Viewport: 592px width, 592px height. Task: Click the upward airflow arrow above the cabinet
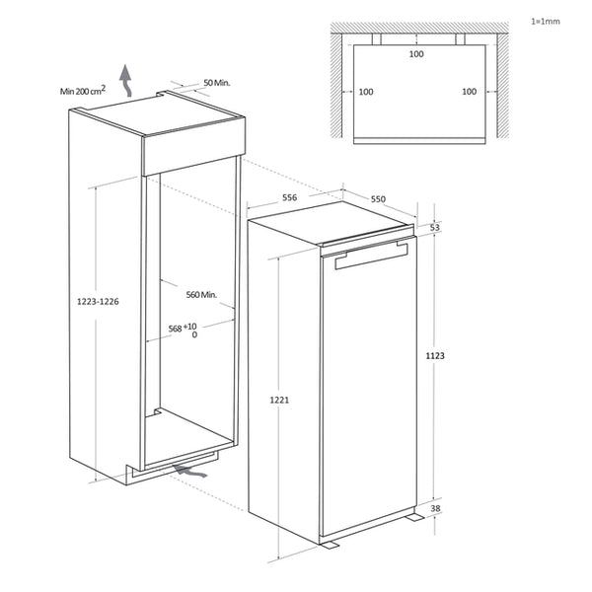coord(125,75)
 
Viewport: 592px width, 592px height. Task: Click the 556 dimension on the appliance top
coord(290,198)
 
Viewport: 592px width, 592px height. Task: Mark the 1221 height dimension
coord(279,401)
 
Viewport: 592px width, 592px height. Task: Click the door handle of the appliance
coord(371,259)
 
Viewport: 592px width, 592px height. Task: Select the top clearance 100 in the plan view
coord(416,54)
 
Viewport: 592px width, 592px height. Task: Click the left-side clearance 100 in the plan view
coord(366,92)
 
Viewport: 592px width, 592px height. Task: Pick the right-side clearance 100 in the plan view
coord(469,92)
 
